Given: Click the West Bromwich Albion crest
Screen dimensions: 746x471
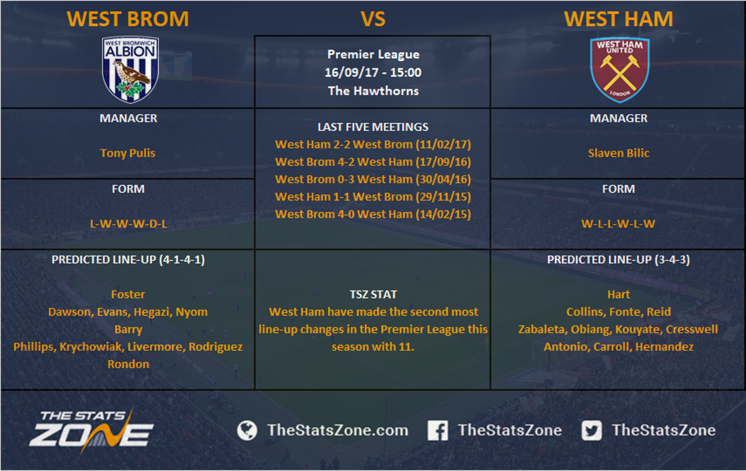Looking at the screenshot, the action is point(130,69).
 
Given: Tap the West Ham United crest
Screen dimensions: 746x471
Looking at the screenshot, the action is point(619,70).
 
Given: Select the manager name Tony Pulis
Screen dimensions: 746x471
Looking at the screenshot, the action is point(128,153).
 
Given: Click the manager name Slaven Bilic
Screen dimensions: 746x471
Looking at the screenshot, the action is point(619,153).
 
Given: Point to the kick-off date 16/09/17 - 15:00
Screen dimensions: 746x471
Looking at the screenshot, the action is point(373,72).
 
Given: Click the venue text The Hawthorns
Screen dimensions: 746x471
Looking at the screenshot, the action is point(374,91).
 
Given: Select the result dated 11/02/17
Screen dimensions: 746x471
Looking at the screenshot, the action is point(373,144).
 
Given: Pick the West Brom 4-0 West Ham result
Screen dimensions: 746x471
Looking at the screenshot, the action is point(373,214).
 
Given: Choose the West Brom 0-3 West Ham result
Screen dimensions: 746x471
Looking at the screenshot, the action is point(373,179).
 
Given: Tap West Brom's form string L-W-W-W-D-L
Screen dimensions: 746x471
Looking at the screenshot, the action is point(128,223).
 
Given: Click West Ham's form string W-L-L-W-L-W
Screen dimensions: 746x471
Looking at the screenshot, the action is point(618,223).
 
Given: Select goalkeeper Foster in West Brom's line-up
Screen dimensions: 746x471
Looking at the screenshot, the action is point(128,294).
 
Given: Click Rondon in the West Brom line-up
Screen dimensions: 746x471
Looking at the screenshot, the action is point(128,364).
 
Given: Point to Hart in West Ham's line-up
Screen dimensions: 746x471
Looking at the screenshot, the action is point(619,294).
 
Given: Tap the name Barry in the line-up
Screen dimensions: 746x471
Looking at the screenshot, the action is point(128,329).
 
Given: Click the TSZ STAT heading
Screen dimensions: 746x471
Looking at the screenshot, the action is point(373,294).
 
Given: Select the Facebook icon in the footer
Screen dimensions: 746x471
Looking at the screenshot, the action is point(438,430).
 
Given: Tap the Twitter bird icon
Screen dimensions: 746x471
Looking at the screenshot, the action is point(591,430).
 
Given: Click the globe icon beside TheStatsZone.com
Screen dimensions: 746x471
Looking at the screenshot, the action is point(247,430).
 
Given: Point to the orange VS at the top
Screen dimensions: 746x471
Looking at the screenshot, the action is point(373,19).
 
